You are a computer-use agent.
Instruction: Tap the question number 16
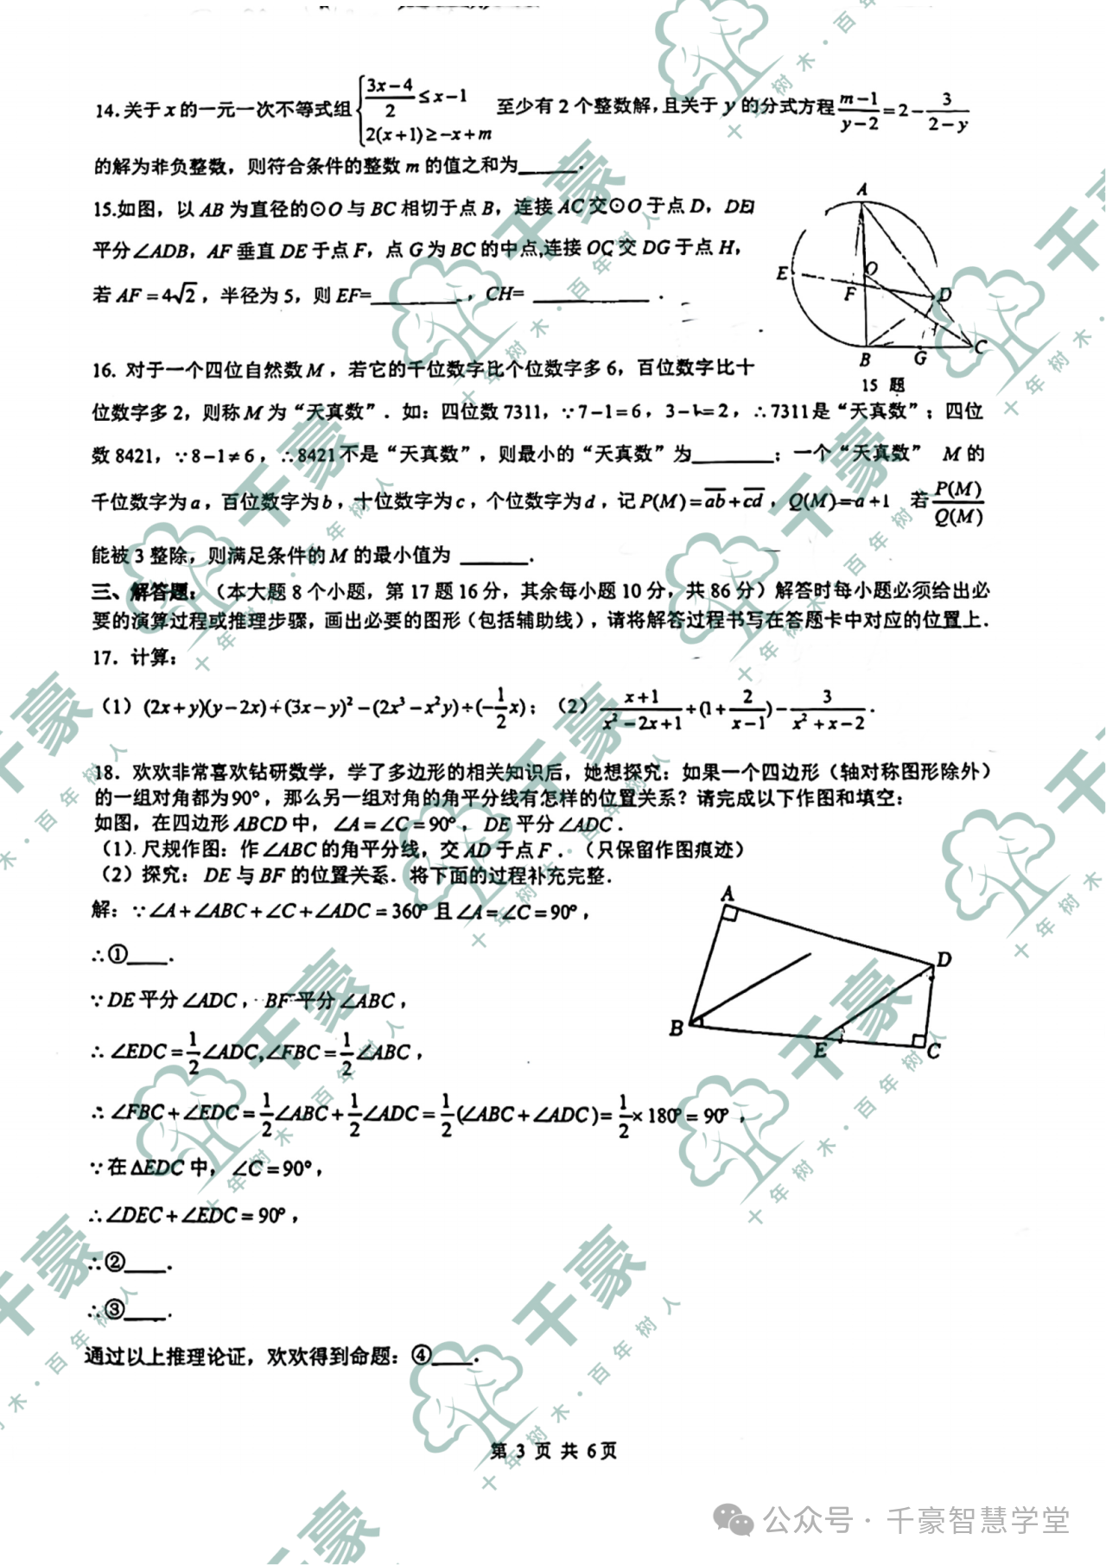[104, 370]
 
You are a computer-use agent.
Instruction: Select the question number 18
[105, 772]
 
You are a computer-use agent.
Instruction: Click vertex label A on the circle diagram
[861, 189]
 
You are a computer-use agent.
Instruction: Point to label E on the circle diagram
[782, 274]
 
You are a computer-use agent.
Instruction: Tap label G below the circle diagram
[921, 357]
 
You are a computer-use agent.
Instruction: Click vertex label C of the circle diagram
[980, 347]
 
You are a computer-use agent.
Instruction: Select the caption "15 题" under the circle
[882, 385]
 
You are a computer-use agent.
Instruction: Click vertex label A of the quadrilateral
[728, 893]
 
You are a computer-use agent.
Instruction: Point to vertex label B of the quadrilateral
[677, 1027]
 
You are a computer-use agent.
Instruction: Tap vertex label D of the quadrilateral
[944, 959]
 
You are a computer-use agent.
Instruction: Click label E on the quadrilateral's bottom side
[819, 1050]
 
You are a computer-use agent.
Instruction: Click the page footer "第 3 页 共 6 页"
[553, 1451]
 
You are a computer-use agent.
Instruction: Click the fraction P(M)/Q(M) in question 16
[957, 503]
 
